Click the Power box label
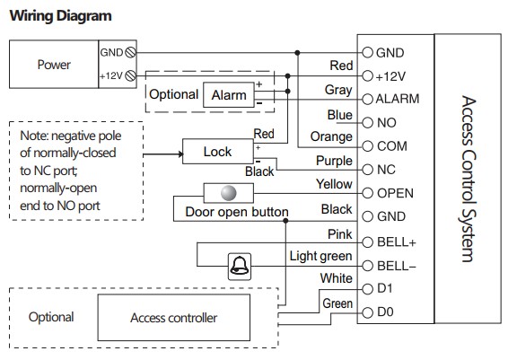(x=54, y=65)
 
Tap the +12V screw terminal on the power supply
(x=130, y=75)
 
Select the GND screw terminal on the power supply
(x=130, y=52)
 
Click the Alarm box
(x=229, y=95)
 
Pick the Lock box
(x=218, y=152)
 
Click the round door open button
(x=228, y=193)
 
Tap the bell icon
(x=240, y=267)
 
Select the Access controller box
(x=173, y=318)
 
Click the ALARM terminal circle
(x=367, y=99)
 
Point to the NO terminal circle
(x=367, y=122)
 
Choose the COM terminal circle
(x=367, y=146)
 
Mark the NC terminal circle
(x=367, y=170)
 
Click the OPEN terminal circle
(x=367, y=193)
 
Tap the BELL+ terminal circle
(x=367, y=242)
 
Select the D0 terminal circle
(x=367, y=312)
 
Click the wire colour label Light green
(x=320, y=257)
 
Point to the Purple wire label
(x=334, y=161)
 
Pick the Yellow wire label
(x=334, y=184)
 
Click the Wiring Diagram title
(x=61, y=16)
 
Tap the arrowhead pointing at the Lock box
(x=180, y=154)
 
